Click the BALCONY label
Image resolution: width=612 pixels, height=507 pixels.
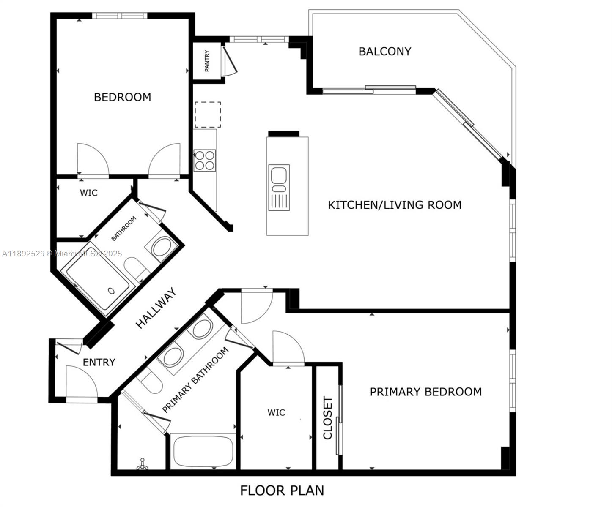click(x=384, y=52)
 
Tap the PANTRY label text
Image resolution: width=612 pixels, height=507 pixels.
click(x=207, y=61)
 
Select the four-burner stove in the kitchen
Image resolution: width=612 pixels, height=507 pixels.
click(x=205, y=161)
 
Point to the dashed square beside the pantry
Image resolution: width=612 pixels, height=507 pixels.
click(x=208, y=114)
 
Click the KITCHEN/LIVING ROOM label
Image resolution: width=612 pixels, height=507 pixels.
click(x=395, y=205)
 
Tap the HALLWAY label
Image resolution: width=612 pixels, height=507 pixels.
click(x=156, y=308)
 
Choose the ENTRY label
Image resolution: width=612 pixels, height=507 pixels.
click(x=99, y=363)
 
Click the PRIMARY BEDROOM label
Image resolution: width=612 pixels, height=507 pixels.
click(x=425, y=392)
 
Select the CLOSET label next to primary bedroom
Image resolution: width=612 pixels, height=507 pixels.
click(x=328, y=418)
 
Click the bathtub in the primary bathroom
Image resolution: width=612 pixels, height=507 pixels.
click(x=203, y=451)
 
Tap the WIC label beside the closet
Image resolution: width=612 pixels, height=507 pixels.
click(x=276, y=412)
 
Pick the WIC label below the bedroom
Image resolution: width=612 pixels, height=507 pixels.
click(x=89, y=193)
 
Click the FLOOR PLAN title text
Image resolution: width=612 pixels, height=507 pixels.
click(x=282, y=491)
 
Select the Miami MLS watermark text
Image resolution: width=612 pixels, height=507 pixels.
click(x=62, y=253)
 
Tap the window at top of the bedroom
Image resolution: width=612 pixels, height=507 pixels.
click(x=120, y=16)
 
